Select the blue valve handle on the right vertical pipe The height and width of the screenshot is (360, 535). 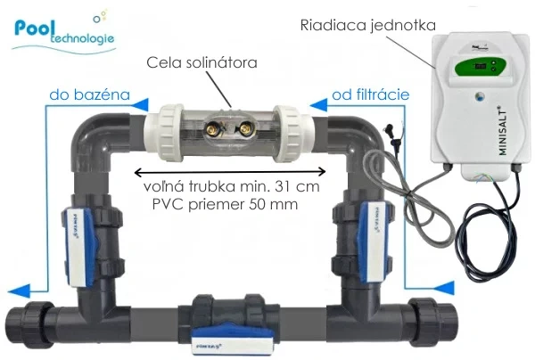click(x=374, y=236)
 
